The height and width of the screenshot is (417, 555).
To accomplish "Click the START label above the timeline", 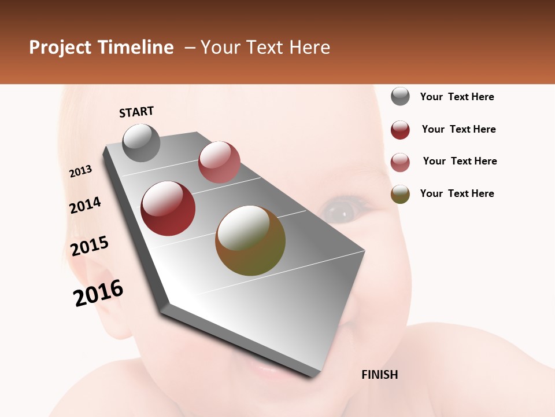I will pos(136,112).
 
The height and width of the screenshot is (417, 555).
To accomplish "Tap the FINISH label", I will pos(379,375).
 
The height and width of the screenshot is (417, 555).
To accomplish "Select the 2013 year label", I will pos(80,171).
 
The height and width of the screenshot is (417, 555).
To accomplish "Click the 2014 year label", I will pos(85,205).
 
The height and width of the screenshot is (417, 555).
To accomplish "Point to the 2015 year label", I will pos(90,246).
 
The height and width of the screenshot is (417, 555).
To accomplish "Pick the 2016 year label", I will pos(98,292).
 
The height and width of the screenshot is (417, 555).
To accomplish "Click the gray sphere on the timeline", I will pos(141,142).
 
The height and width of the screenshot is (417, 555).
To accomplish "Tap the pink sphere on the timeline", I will pos(219,162).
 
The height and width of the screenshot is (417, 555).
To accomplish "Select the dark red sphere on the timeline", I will pos(168,209).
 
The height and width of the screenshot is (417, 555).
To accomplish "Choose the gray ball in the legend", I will pos(400,97).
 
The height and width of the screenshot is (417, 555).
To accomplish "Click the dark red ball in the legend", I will pos(400,130).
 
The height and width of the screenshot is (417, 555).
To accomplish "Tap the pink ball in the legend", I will pos(400,162).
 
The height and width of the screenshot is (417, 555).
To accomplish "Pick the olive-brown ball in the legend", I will pos(400,194).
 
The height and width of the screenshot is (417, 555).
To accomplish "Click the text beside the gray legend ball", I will pos(457,97).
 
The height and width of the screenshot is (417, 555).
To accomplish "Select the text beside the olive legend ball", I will pos(457,193).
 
